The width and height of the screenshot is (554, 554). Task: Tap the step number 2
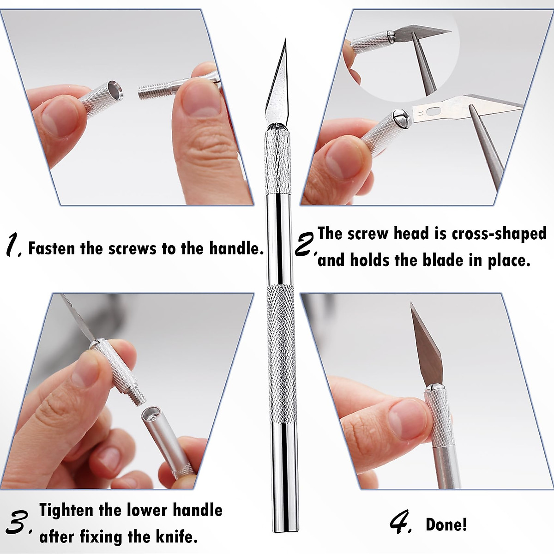point(305,245)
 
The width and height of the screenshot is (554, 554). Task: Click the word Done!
point(446,525)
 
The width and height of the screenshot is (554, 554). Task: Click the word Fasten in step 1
point(51,248)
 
